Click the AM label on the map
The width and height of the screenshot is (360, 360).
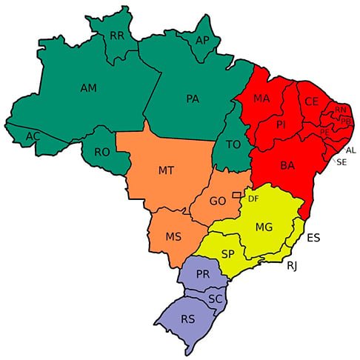(89, 88)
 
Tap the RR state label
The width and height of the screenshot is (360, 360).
(116, 35)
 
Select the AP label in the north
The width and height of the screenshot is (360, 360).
(202, 41)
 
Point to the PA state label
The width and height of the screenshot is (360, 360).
(193, 98)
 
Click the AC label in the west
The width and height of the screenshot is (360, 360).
(33, 137)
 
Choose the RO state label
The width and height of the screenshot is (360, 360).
(102, 152)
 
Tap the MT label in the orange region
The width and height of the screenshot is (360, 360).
(166, 170)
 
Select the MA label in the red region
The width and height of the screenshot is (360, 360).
(261, 99)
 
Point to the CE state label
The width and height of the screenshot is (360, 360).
(310, 101)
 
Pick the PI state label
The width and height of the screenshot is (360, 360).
(281, 125)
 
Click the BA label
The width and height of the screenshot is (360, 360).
(287, 166)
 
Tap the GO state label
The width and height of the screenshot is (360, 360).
(218, 201)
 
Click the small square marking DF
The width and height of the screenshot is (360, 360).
(236, 195)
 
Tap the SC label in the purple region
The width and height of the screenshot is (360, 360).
(215, 299)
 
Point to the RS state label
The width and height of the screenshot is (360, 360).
(188, 320)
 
